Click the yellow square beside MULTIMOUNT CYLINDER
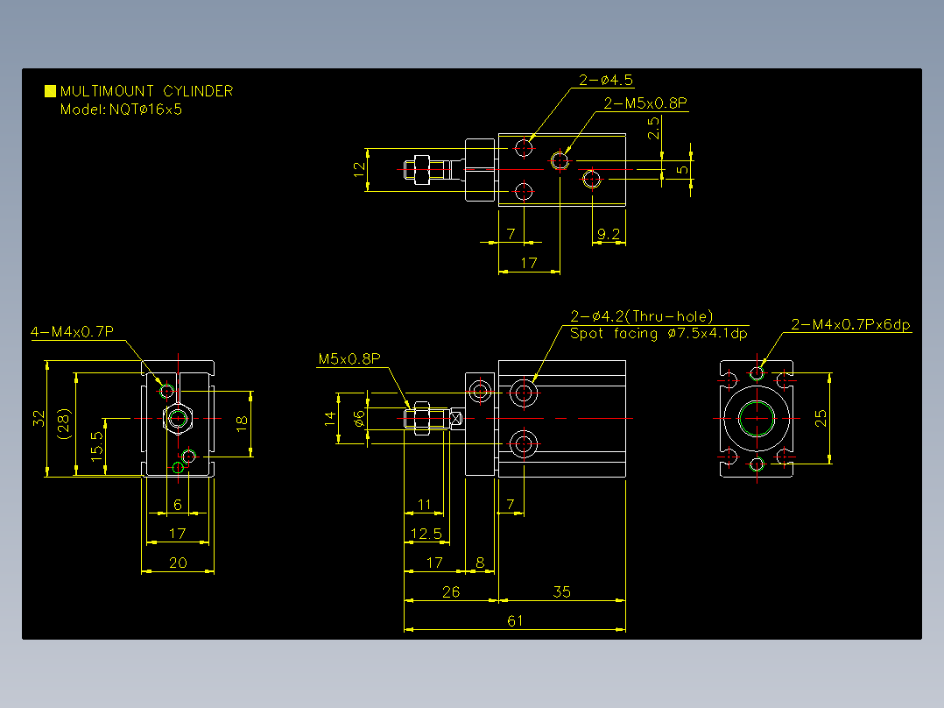tap(50, 91)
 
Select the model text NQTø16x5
tap(145, 110)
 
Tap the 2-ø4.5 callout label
tap(606, 80)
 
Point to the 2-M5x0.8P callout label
tap(645, 103)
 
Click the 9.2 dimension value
tap(608, 234)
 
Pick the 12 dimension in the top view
tap(359, 169)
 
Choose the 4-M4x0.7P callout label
tap(72, 331)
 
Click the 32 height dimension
tap(39, 418)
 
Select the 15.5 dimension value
tap(96, 447)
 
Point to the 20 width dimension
tap(178, 563)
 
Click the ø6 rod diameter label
tap(359, 418)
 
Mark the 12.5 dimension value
tap(426, 534)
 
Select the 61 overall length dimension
tap(515, 620)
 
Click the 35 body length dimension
tap(561, 591)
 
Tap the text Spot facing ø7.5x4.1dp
tap(659, 333)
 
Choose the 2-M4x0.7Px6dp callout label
tap(850, 325)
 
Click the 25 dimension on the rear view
tap(821, 418)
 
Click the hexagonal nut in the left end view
tap(178, 418)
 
